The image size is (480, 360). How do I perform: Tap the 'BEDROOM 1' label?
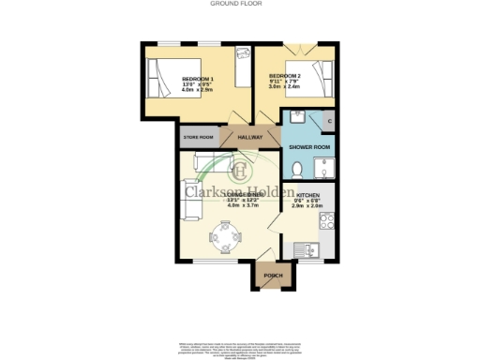click(x=197, y=78)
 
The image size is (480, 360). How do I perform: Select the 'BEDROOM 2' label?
click(x=284, y=75)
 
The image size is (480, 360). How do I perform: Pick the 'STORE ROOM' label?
click(x=199, y=137)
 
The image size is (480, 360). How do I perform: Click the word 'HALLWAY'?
click(x=250, y=137)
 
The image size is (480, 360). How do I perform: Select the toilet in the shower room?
click(x=296, y=170)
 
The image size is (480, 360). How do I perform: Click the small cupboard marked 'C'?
click(x=329, y=121)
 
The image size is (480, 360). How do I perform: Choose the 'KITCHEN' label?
click(x=308, y=197)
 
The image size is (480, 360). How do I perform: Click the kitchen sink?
click(x=306, y=249)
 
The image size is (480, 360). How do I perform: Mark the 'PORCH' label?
click(x=273, y=276)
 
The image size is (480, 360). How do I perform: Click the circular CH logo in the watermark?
click(x=240, y=171)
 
